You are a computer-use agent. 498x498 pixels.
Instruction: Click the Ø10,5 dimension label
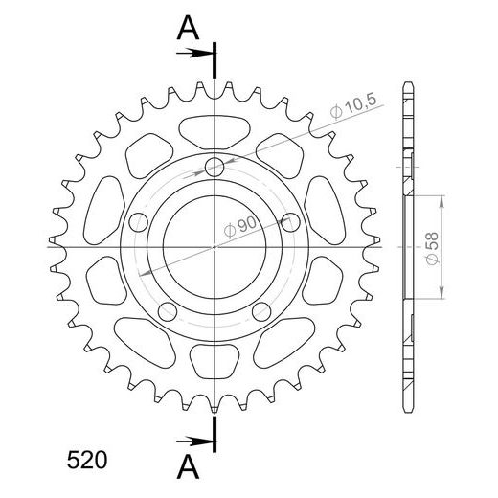point(353,106)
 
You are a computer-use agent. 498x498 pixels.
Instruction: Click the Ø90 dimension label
point(240,227)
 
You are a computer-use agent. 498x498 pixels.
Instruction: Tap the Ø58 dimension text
point(433,249)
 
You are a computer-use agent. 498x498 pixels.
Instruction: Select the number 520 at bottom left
point(87,461)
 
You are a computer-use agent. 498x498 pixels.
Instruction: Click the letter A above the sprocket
point(188,28)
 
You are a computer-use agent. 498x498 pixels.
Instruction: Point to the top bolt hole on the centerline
point(215,167)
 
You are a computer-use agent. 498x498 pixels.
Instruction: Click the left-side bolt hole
point(139,222)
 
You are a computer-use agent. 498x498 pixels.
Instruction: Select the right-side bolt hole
point(290,222)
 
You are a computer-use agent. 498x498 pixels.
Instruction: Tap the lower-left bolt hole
point(168,311)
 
